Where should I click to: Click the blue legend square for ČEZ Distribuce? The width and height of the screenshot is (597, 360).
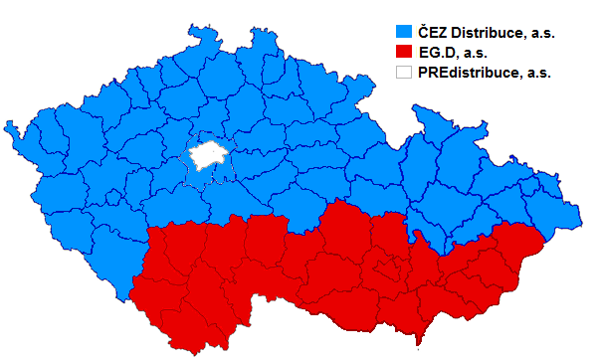[405, 32]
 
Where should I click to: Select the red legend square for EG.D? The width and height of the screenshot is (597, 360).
[405, 52]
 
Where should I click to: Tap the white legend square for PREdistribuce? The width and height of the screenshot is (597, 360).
[405, 72]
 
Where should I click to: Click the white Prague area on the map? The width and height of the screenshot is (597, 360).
[207, 154]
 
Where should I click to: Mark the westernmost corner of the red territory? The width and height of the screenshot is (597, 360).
[130, 294]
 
